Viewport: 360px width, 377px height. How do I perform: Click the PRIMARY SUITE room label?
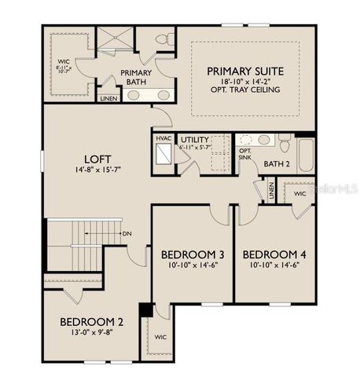(x=245, y=71)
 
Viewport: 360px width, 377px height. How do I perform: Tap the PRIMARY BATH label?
(x=135, y=76)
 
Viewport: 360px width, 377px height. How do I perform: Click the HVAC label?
(x=163, y=138)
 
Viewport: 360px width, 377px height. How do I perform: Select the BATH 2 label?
(x=276, y=163)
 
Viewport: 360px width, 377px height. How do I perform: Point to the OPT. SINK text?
(x=245, y=154)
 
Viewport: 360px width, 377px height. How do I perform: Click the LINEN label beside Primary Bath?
(x=109, y=99)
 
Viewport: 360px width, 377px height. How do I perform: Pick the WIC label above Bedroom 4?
(x=299, y=192)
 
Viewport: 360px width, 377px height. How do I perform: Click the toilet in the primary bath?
(x=163, y=38)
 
